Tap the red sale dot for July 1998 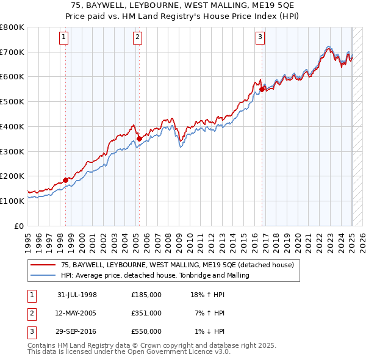(x=66, y=180)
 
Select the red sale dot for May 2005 (x=139, y=139)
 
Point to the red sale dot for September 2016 (x=262, y=89)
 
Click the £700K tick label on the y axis (x=12, y=52)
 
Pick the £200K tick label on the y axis (x=12, y=176)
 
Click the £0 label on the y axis (x=19, y=226)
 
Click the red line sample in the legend (x=43, y=265)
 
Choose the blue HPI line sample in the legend (x=43, y=276)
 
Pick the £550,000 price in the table (x=146, y=331)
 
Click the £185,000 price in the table (x=146, y=295)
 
